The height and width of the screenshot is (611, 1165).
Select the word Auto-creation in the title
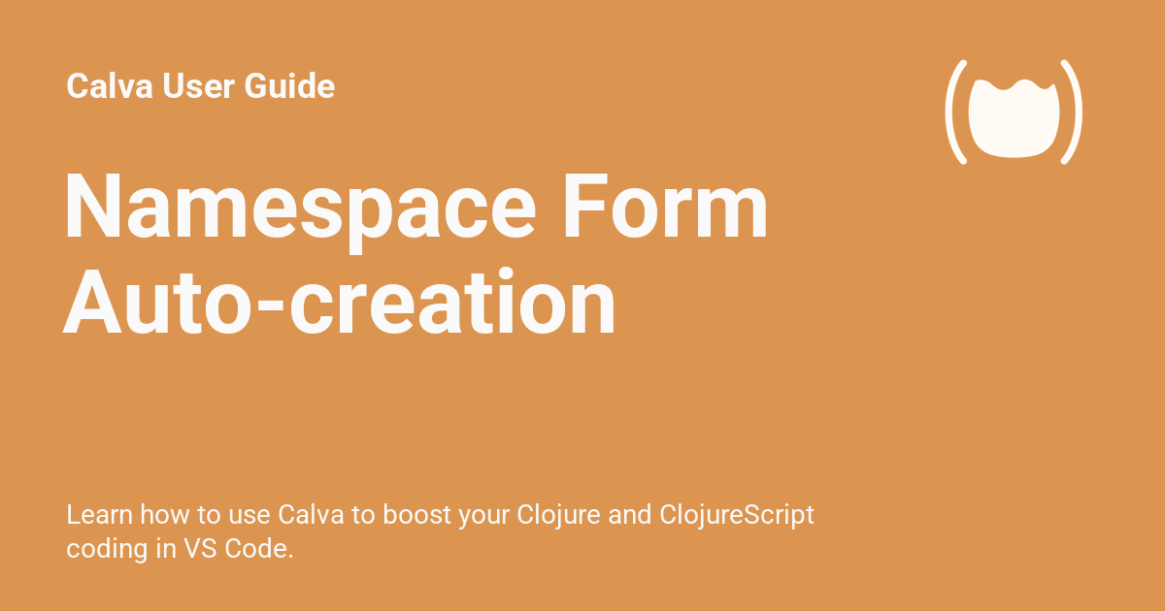[340, 304]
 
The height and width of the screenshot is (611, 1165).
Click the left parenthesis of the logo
[956, 112]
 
